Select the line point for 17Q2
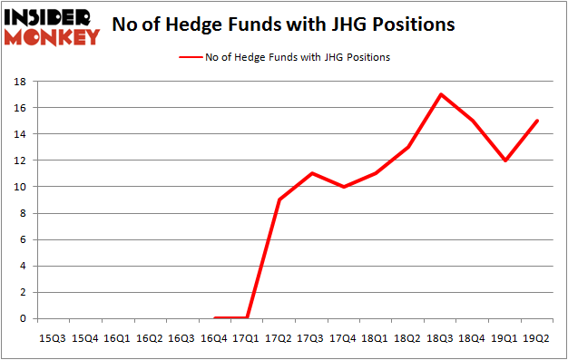tap(279, 199)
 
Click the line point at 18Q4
tap(474, 121)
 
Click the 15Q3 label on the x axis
tap(52, 338)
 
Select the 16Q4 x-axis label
tap(214, 338)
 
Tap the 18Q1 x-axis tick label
tap(377, 338)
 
